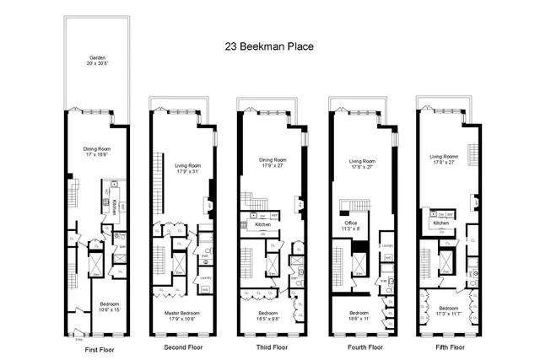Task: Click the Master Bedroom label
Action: pos(181,314)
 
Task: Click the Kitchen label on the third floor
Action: pos(263,225)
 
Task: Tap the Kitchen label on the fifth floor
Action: pos(441,223)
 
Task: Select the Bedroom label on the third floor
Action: pos(267,314)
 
